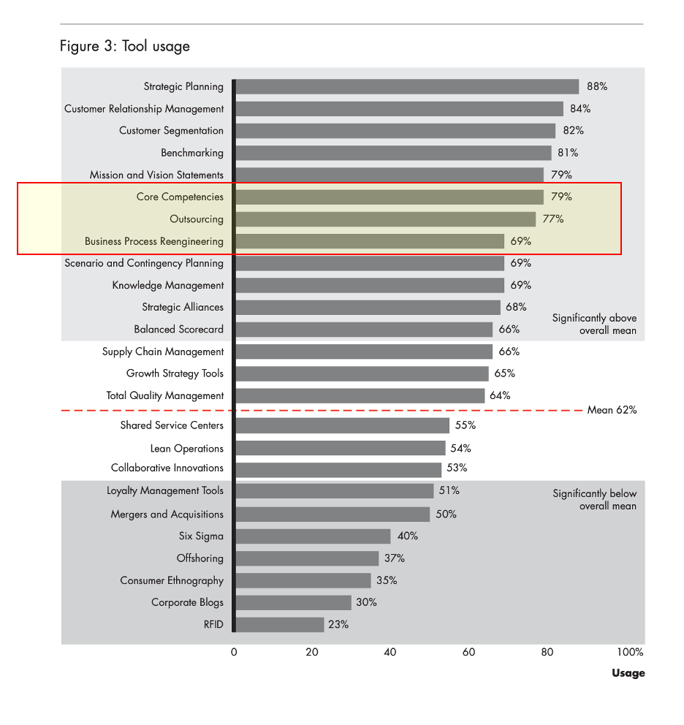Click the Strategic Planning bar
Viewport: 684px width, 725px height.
(407, 87)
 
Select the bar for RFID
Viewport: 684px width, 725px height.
(280, 625)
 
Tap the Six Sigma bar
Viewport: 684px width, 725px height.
(313, 536)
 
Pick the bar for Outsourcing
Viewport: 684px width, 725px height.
(386, 219)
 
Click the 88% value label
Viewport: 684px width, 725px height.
(597, 87)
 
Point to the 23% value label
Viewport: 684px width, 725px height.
(338, 625)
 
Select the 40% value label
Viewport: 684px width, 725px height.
(408, 536)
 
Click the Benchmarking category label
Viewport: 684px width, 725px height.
(192, 153)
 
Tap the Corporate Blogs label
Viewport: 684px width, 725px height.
(187, 603)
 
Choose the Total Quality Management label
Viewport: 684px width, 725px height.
(165, 396)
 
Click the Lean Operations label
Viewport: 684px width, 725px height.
(187, 449)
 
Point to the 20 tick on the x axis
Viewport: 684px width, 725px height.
(312, 652)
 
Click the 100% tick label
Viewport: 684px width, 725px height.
(630, 652)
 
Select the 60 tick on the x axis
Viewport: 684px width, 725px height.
(468, 652)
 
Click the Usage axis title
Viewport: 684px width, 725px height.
(628, 673)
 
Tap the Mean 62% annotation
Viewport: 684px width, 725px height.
(612, 410)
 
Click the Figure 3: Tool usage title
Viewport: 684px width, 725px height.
(125, 47)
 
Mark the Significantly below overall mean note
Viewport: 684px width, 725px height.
(594, 500)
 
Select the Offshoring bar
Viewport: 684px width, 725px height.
(308, 558)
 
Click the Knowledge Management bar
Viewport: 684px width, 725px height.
(370, 286)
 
